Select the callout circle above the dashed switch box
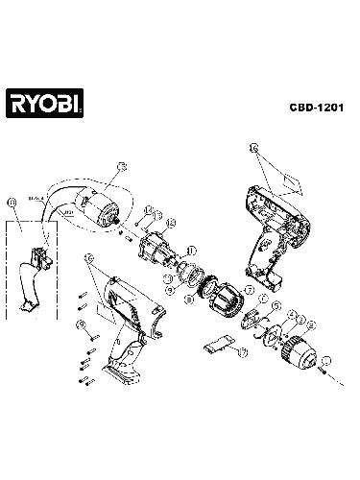(x=12, y=203)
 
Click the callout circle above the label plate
(x=252, y=150)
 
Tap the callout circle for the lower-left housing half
(x=88, y=257)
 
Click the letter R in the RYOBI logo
(x=18, y=102)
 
